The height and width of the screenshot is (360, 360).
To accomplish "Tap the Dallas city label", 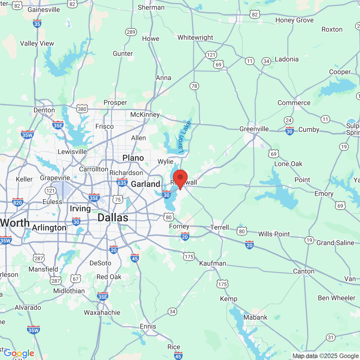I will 113,218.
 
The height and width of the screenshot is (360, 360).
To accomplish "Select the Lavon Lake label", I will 184,137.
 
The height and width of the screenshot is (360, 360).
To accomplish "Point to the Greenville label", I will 254,129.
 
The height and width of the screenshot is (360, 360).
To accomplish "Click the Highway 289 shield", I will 131,32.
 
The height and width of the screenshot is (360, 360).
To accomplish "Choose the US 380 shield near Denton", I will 82,109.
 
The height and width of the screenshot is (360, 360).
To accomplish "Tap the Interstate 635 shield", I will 122,183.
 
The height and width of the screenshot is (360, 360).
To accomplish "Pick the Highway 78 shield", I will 194,86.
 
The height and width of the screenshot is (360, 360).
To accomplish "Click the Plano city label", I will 133,158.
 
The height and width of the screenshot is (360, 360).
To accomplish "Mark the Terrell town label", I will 220,227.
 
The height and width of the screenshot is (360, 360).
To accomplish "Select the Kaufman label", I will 213,263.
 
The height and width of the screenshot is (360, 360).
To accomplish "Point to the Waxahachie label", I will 102,312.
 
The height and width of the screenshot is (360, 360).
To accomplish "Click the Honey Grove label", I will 294,20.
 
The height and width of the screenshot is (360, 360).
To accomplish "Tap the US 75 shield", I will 118,200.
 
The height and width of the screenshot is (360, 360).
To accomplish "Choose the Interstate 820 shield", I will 17,202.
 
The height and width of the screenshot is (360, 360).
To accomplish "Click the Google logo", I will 19,353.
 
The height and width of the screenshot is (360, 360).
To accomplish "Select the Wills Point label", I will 274,234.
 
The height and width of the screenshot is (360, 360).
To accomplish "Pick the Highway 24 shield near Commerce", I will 289,120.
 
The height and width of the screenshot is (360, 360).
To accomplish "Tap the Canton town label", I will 304,271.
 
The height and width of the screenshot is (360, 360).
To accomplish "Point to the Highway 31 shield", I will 331,337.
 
